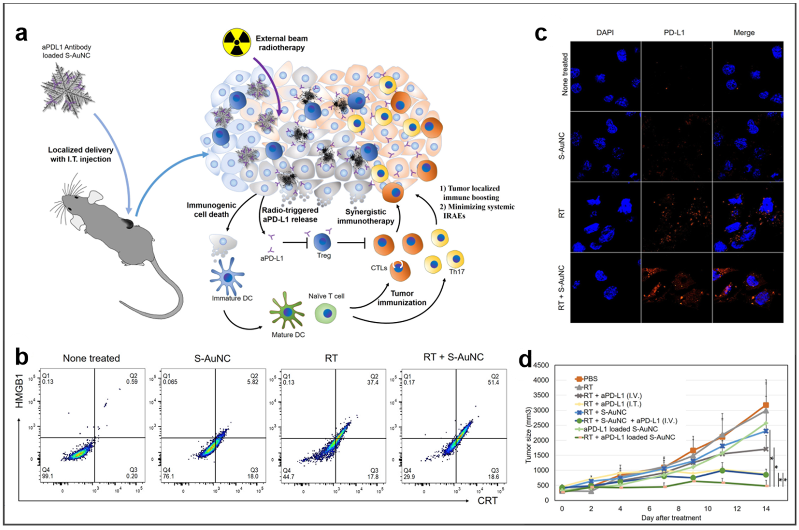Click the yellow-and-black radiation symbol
[x=237, y=42]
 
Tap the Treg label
[x=324, y=255]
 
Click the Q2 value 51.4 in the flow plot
[x=493, y=382]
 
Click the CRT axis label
[x=487, y=501]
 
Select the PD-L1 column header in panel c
[x=674, y=33]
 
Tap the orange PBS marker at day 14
[x=766, y=405]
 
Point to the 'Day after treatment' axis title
[x=671, y=517]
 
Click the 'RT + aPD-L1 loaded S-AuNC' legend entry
[x=629, y=437]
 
